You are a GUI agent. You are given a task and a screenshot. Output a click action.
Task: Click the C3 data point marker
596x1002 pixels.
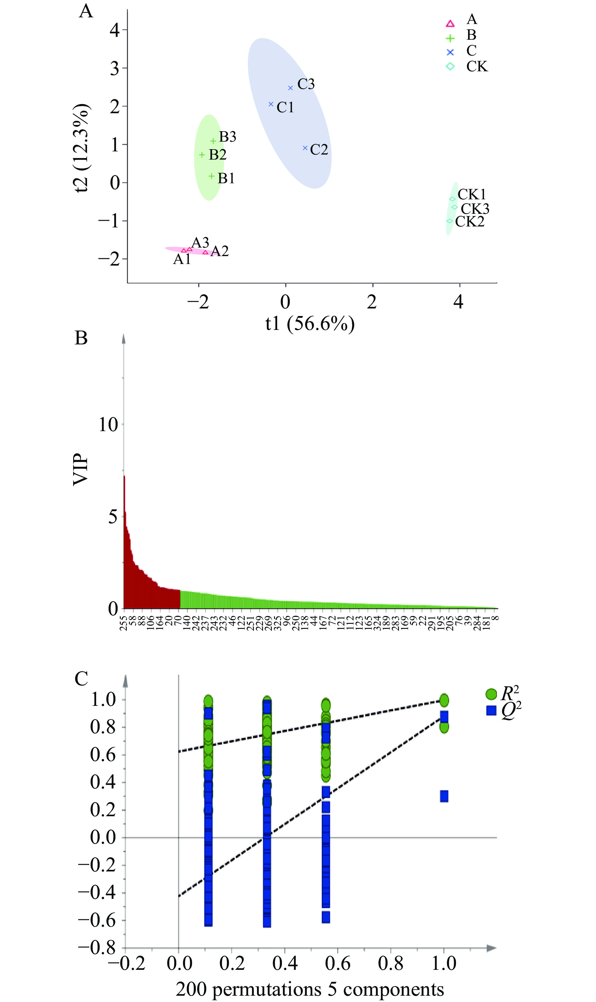(290, 88)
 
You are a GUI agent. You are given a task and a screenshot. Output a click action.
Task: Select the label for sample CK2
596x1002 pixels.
(470, 221)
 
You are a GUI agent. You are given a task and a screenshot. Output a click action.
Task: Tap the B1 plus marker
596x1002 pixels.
(211, 176)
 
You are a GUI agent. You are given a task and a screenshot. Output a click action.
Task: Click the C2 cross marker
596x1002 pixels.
(305, 148)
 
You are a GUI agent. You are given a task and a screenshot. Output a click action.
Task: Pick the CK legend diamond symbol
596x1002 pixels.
(450, 66)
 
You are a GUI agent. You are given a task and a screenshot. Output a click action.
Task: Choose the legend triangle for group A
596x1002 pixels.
(450, 24)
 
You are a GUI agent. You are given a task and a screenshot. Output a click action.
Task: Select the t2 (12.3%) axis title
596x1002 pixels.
(82, 148)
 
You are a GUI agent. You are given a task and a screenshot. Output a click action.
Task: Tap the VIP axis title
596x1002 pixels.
(80, 469)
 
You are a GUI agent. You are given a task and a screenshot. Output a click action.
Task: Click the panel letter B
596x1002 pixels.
(81, 338)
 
